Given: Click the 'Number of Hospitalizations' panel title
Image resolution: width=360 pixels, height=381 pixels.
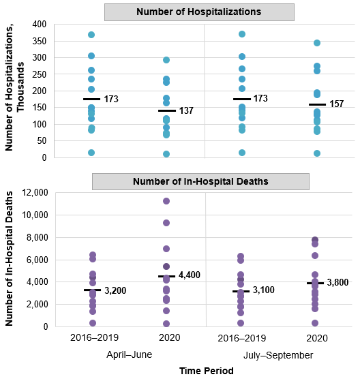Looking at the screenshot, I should pyautogui.click(x=199, y=12).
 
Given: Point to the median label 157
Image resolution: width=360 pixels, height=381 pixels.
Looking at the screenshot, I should pyautogui.click(x=336, y=104).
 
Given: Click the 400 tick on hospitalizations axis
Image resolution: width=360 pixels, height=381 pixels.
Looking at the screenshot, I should pyautogui.click(x=40, y=24).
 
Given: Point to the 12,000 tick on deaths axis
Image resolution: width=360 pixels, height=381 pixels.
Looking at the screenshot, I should pyautogui.click(x=33, y=193).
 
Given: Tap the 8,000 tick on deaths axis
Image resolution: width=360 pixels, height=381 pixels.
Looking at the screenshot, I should pyautogui.click(x=35, y=237).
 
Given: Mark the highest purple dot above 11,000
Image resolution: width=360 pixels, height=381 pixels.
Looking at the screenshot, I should pyautogui.click(x=166, y=201).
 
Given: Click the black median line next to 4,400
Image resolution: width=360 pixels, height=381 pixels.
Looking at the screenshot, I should pyautogui.click(x=166, y=276).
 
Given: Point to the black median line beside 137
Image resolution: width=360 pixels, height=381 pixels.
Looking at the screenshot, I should pyautogui.click(x=166, y=110).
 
